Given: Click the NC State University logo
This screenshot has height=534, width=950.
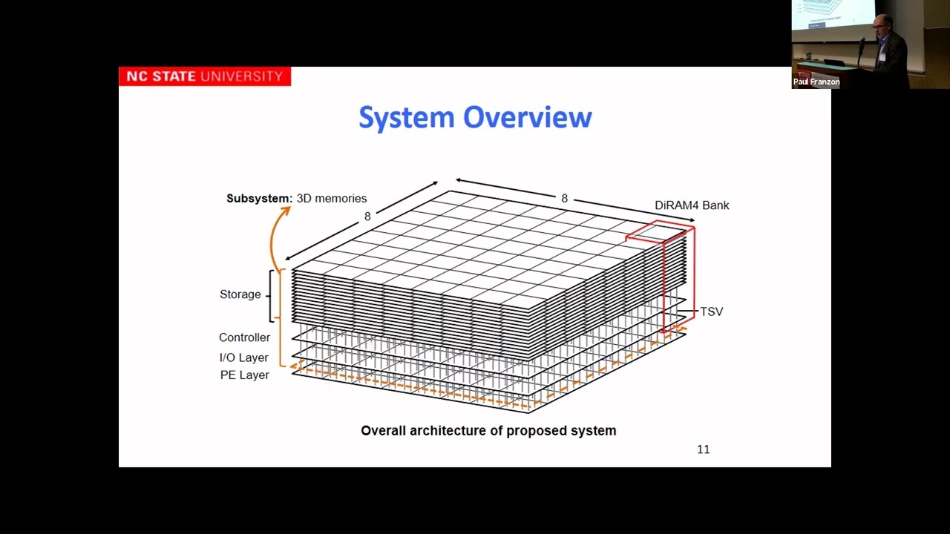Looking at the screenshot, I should pos(204,76).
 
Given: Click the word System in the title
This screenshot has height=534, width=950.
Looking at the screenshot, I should pos(407,118).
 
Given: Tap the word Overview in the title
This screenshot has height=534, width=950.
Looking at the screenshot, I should pos(528,117).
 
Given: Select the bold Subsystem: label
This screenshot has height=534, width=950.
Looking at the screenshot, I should pos(259,199).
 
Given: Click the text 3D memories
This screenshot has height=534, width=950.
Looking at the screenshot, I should pos(332,199).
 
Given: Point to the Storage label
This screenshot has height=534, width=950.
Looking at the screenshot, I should pos(240,294).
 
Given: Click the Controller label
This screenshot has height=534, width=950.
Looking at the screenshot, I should pos(244,337).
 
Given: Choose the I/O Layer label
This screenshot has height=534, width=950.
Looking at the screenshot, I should pos(243,357).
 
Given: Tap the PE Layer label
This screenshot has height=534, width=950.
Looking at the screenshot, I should pos(244,375).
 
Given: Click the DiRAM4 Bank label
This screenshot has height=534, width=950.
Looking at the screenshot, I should pos(692,205).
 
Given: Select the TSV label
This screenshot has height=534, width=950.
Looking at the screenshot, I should pos(711,311).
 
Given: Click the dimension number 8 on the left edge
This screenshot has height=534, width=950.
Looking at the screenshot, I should pos(367,217).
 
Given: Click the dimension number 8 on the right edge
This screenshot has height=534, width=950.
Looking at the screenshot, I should pos(564,199).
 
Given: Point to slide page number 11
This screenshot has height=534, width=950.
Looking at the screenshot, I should pos(703,449).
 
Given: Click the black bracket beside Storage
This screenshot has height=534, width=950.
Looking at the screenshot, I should pos(272,295).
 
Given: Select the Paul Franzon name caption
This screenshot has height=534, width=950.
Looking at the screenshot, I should pos(816,82).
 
